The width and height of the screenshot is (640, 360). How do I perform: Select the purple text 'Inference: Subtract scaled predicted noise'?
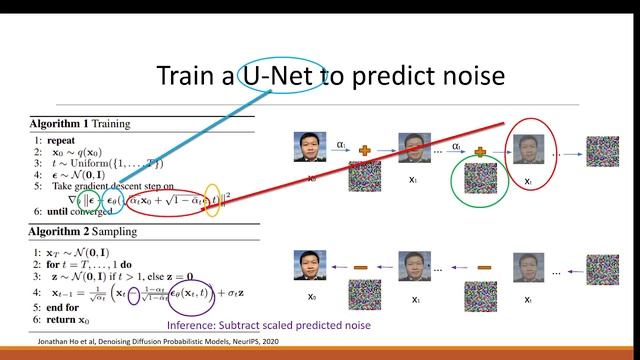[x=268, y=327]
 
